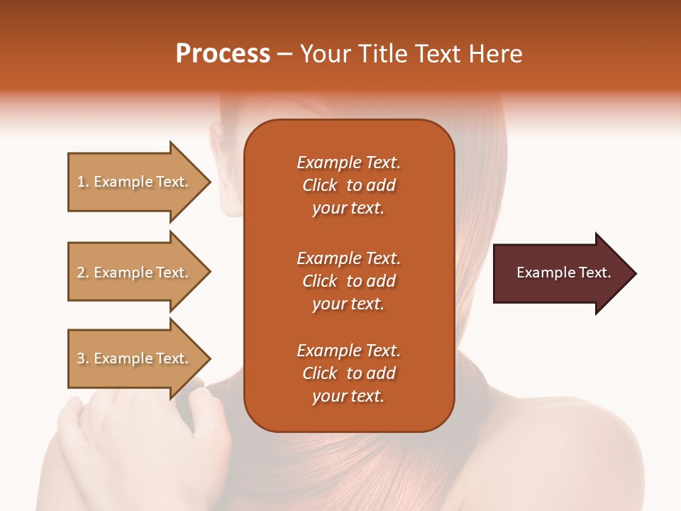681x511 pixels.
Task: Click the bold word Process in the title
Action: pyautogui.click(x=223, y=54)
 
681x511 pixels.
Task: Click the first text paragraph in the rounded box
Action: pyautogui.click(x=348, y=185)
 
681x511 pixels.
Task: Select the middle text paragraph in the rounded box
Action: pyautogui.click(x=348, y=281)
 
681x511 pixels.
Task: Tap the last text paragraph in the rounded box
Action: pyautogui.click(x=348, y=373)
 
